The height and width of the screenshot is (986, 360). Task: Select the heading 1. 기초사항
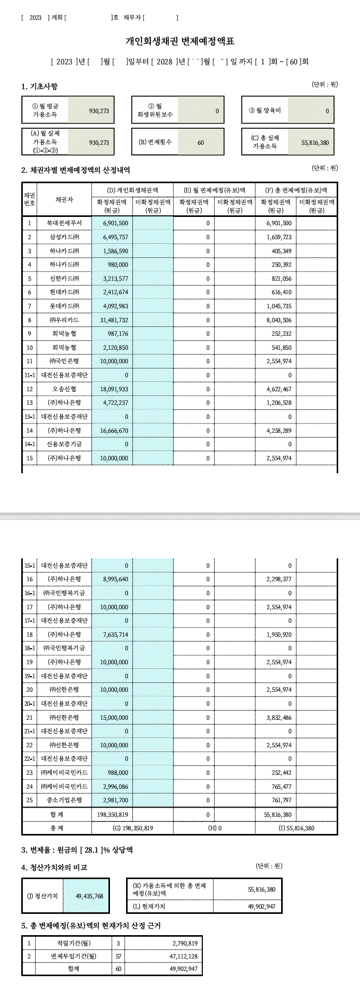pos(39,86)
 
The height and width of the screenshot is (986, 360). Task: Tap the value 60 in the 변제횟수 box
pos(201,142)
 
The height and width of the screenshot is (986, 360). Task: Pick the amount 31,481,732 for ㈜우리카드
pos(115,320)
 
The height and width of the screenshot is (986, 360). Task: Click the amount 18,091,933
pos(115,389)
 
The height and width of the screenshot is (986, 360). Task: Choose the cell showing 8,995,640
pos(115,579)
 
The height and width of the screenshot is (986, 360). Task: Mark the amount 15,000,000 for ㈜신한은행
pos(115,718)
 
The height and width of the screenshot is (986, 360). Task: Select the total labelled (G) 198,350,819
pos(132,828)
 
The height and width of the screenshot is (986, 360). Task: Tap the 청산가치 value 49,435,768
pos(89,896)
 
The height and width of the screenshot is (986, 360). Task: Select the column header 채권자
pos(64,200)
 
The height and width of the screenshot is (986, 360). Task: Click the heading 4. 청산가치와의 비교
pos(54,867)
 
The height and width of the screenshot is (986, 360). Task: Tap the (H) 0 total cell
pos(215,828)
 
